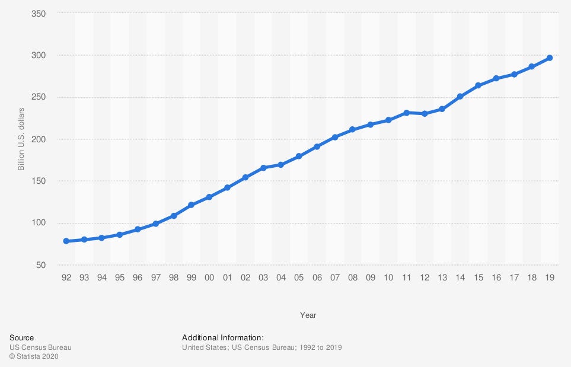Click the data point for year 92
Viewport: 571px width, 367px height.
tap(66, 241)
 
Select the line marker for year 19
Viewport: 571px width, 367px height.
tap(550, 58)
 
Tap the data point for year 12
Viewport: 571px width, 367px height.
tap(425, 114)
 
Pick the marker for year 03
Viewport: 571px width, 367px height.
tap(263, 168)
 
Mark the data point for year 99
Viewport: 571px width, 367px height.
tap(192, 205)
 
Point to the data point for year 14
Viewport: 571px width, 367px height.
tap(460, 96)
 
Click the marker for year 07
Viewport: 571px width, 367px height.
tap(335, 137)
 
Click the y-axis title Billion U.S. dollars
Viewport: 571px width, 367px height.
tap(21, 139)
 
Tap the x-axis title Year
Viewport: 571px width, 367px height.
tap(308, 315)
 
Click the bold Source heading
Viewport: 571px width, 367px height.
tap(21, 338)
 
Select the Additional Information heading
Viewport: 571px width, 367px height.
tap(227, 338)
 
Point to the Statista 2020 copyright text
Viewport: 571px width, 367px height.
tap(34, 356)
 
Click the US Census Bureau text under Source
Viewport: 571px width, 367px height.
tap(40, 347)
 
